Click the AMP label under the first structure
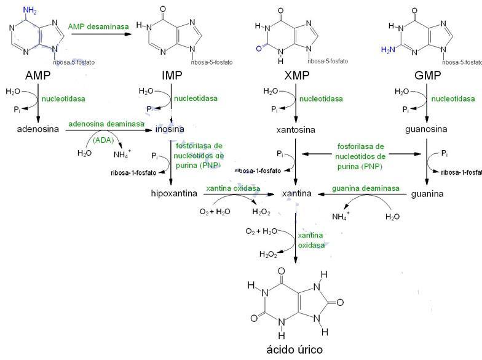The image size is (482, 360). click(x=37, y=76)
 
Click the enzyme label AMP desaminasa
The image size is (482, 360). click(x=102, y=26)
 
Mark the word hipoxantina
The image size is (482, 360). click(x=174, y=193)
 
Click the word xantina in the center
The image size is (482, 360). click(x=296, y=193)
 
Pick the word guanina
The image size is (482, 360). click(x=427, y=193)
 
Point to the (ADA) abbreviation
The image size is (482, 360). click(x=102, y=139)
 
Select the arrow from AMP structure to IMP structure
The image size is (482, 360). click(x=102, y=34)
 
